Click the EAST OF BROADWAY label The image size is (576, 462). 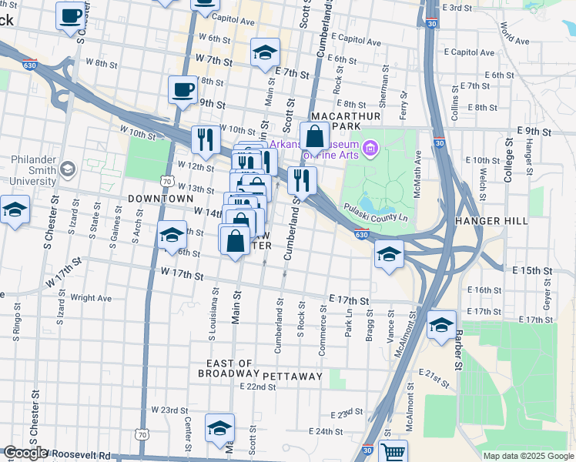(x=229, y=369)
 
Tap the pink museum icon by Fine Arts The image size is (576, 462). (x=370, y=148)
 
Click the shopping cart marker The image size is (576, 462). (x=393, y=451)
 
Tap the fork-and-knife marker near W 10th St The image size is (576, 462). (x=205, y=139)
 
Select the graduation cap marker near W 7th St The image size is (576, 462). (x=264, y=52)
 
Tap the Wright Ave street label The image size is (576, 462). (x=90, y=298)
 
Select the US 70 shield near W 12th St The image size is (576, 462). (x=166, y=181)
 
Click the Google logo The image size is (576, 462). (x=25, y=454)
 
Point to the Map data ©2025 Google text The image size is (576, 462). (x=527, y=456)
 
